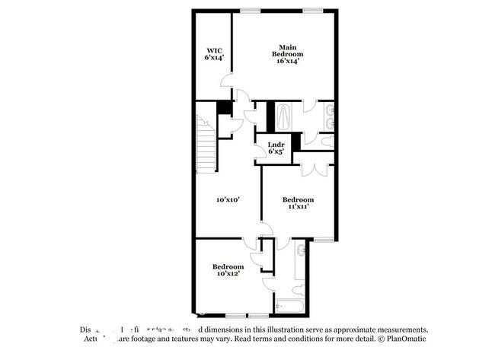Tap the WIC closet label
(213, 50)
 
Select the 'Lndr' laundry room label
(276, 145)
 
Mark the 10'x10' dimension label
(228, 199)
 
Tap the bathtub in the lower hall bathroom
(290, 306)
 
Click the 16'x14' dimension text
(288, 61)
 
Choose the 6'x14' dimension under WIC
(213, 57)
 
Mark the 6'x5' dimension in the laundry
(276, 151)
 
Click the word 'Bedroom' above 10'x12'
(228, 266)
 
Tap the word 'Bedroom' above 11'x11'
(297, 199)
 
